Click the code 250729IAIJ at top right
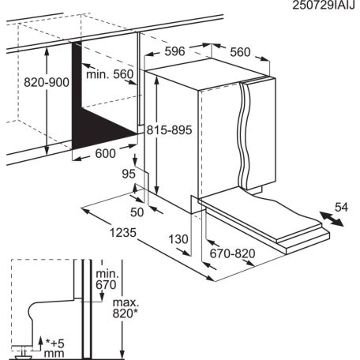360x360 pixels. tap(313, 7)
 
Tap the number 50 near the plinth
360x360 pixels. tap(137, 212)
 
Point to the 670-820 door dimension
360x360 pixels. tap(234, 253)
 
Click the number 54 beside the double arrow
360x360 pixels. tap(341, 207)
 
